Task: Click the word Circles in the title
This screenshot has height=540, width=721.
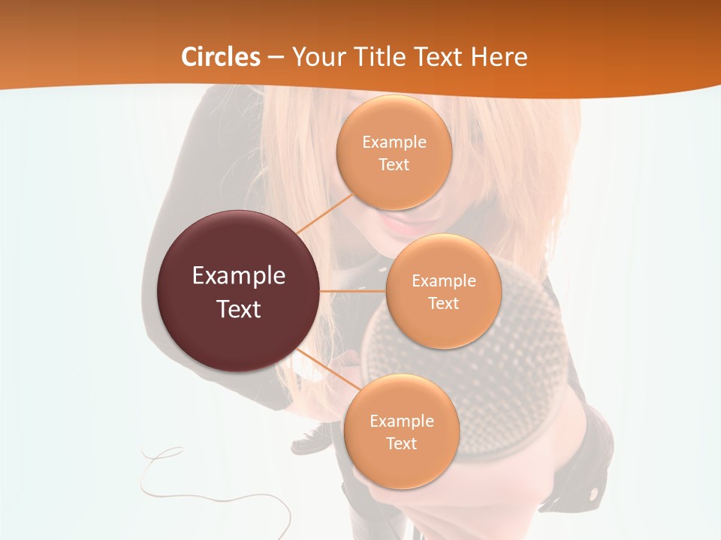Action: [221, 57]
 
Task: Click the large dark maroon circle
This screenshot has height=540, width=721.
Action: [239, 291]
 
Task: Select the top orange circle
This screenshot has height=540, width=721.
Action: [394, 152]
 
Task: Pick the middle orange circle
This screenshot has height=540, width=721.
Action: [444, 291]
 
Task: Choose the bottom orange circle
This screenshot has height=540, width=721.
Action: [401, 431]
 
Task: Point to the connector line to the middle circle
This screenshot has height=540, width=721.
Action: [353, 290]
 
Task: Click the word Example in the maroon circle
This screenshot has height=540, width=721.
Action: [239, 275]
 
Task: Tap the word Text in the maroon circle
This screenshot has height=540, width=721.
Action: [239, 308]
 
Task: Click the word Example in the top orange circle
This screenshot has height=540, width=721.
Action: [394, 142]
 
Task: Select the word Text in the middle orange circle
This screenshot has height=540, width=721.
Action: [444, 303]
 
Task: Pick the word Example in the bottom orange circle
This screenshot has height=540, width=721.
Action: [401, 421]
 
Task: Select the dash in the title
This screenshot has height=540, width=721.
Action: [276, 58]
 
